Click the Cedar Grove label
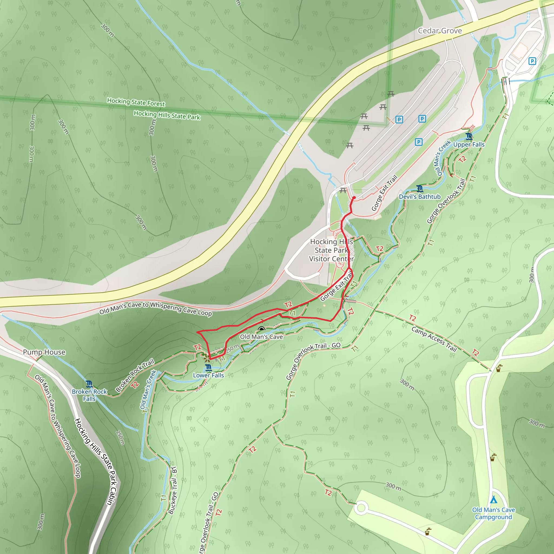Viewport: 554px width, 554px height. point(440,31)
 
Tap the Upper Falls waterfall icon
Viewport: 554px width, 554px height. point(469,136)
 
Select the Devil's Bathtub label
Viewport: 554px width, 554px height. point(420,197)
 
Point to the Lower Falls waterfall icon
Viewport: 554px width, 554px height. point(209,368)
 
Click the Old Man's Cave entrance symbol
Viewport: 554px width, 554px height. point(261,329)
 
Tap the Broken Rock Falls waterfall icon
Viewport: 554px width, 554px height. point(89,384)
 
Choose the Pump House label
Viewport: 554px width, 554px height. point(44,352)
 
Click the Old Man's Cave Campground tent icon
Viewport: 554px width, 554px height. point(493,500)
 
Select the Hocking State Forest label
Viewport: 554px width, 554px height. point(136,102)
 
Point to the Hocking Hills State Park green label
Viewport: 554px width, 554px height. point(167,115)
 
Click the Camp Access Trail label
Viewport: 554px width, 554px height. point(434,339)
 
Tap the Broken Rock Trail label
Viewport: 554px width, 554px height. point(135,375)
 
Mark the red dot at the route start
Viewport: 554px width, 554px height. point(354,198)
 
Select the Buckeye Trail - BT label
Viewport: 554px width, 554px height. point(173,490)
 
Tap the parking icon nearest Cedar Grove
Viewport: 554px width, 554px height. point(532,61)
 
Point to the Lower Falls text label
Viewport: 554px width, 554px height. point(209,375)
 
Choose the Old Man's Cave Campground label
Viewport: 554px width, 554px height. point(493,513)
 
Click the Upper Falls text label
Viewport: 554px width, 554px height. point(469,144)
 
